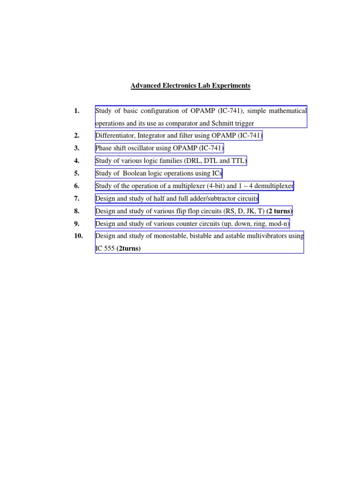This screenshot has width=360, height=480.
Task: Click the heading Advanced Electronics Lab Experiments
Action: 190,86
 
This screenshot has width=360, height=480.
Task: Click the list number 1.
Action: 77,111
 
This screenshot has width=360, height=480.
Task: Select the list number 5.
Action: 77,173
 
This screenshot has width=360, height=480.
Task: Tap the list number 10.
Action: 78,236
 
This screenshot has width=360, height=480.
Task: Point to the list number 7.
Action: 77,199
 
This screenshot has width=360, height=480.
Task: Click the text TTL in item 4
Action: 237,161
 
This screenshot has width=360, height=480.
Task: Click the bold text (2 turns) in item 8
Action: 279,211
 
